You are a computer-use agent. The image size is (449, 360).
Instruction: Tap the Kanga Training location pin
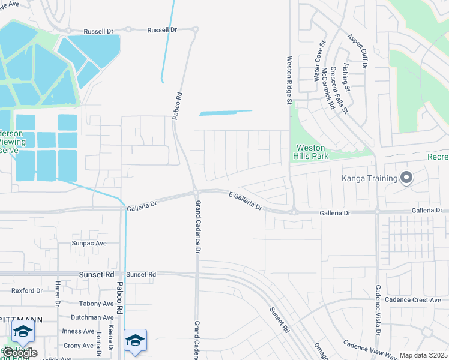(x=406, y=177)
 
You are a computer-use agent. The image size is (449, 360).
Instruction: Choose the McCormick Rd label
(x=328, y=87)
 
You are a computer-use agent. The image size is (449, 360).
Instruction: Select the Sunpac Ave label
(x=89, y=243)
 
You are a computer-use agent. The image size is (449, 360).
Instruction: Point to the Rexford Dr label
(x=27, y=290)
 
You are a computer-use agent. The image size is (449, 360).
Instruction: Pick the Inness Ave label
(x=79, y=331)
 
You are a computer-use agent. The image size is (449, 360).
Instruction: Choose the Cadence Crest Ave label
(x=413, y=299)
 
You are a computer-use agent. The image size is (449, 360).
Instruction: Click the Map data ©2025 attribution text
(x=423, y=355)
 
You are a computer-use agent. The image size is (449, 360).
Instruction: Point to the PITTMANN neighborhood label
(x=21, y=320)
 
